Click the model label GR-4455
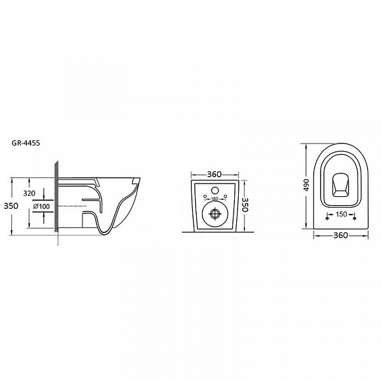tap(25, 143)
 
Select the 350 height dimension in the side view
tap(11, 206)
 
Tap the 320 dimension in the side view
tap(29, 193)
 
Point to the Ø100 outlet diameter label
tap(41, 206)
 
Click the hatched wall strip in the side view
tap(57, 196)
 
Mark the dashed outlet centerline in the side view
tap(72, 206)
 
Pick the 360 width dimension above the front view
tap(215, 175)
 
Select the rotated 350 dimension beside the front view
tap(245, 204)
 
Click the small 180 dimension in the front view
tap(215, 199)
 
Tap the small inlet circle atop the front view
tap(215, 190)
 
